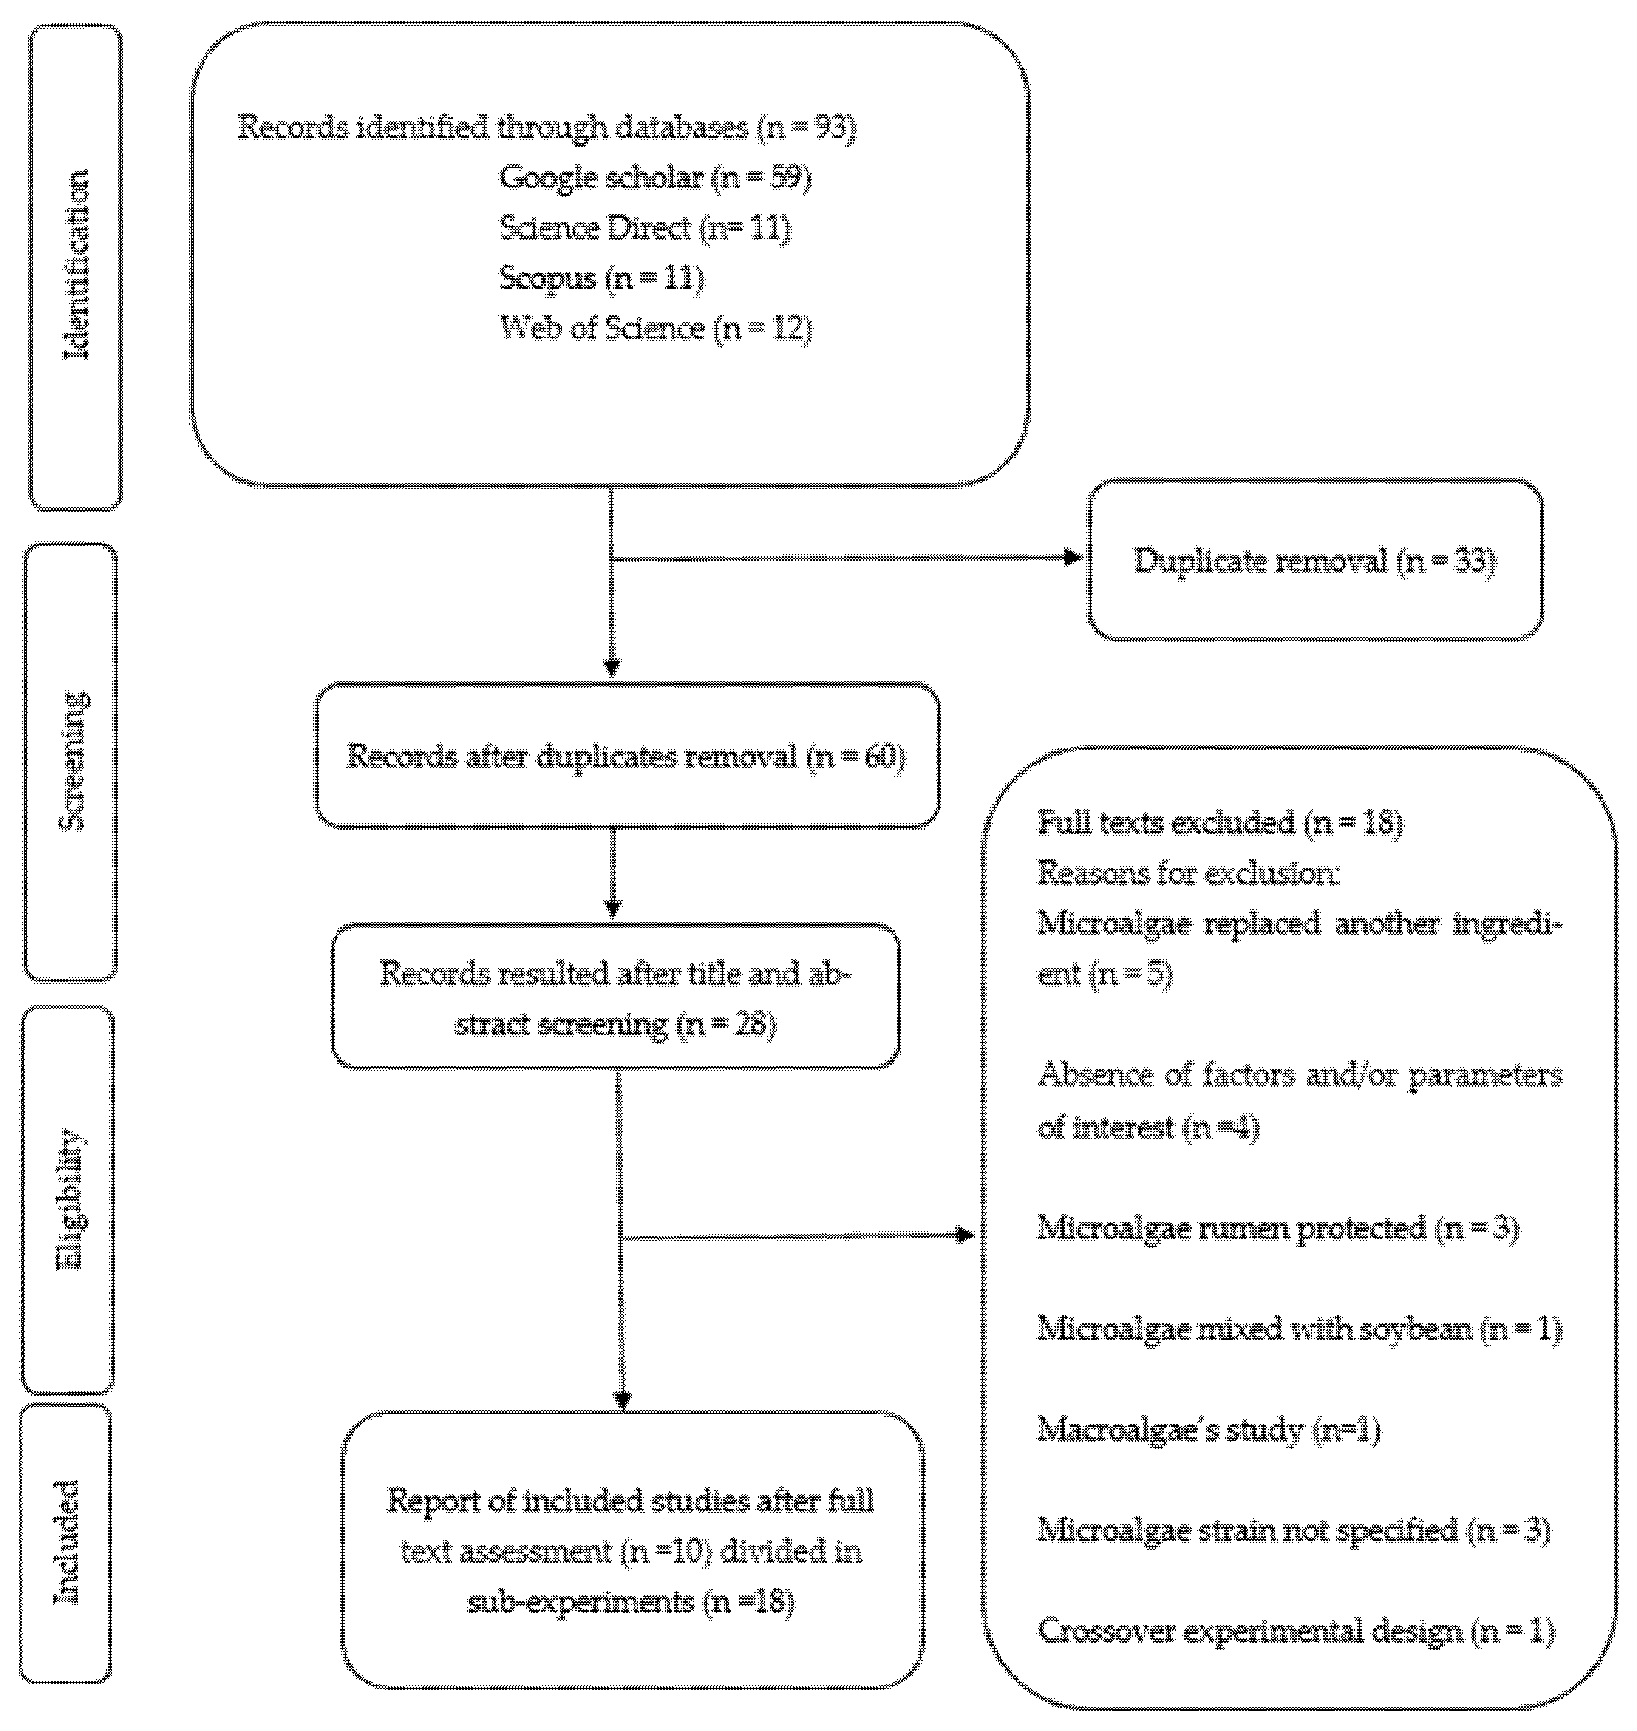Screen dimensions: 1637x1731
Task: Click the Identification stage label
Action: [77, 266]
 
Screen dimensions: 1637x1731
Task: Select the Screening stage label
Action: [72, 760]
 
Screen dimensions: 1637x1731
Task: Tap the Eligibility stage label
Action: [69, 1199]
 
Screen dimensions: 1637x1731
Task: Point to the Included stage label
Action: [67, 1542]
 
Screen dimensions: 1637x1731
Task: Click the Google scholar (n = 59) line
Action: [655, 178]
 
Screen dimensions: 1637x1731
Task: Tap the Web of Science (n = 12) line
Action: [656, 328]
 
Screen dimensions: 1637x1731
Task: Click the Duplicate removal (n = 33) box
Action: [1315, 560]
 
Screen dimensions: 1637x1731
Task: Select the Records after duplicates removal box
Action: [627, 755]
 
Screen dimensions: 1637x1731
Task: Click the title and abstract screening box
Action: [615, 997]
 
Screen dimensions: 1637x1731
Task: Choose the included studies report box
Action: [632, 1551]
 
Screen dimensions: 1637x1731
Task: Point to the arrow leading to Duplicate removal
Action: [845, 558]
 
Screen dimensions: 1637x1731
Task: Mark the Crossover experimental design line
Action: [1296, 1630]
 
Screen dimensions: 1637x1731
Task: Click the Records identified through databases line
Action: [547, 127]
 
